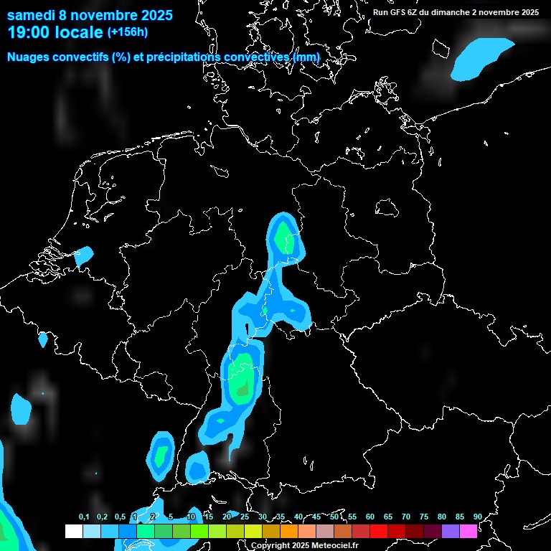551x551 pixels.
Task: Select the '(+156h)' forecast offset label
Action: (128, 32)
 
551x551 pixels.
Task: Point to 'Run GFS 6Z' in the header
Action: (399, 12)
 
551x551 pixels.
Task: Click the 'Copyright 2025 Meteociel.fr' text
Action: (304, 546)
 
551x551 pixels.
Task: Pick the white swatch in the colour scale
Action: (73, 531)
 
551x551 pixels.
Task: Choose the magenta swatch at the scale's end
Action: (468, 531)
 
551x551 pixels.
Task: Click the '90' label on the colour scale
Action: (477, 517)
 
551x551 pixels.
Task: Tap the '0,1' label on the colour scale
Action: (84, 517)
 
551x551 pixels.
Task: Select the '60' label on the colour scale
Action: (370, 517)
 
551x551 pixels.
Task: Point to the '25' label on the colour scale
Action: (245, 517)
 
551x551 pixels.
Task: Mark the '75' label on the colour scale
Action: (423, 517)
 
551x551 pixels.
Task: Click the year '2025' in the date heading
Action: (151, 14)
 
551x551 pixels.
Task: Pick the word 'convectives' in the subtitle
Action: (256, 57)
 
